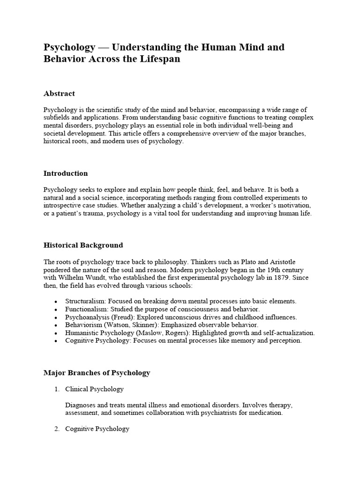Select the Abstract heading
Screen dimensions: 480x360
pyautogui.click(x=59, y=94)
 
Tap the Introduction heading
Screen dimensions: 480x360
pyautogui.click(x=66, y=173)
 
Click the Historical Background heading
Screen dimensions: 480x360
pyautogui.click(x=83, y=245)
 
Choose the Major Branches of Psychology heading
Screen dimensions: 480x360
pyautogui.click(x=97, y=373)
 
